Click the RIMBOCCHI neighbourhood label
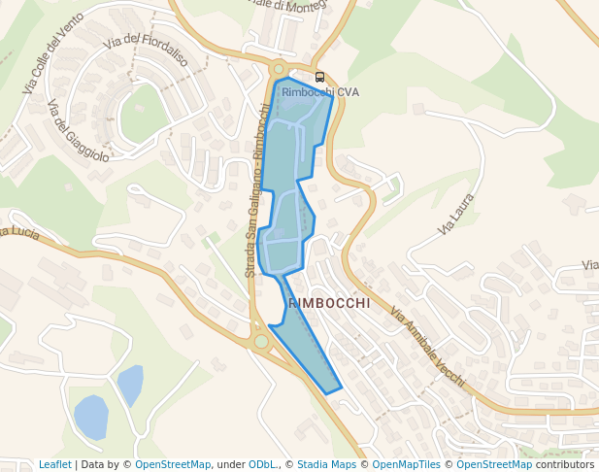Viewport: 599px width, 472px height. pos(329,303)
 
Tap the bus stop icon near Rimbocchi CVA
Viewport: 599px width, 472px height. pos(320,77)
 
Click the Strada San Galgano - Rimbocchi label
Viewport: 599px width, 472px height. pos(256,190)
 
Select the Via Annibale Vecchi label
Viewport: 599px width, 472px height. pos(427,347)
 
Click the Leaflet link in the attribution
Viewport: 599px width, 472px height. pos(54,464)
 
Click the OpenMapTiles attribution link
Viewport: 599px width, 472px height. pos(406,464)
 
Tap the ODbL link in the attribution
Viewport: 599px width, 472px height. pos(263,464)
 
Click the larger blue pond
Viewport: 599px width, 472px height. pos(90,418)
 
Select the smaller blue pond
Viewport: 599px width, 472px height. pos(131,385)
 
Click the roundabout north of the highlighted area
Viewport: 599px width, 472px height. pos(280,69)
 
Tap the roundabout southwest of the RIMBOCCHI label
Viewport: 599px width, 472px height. pos(260,341)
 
